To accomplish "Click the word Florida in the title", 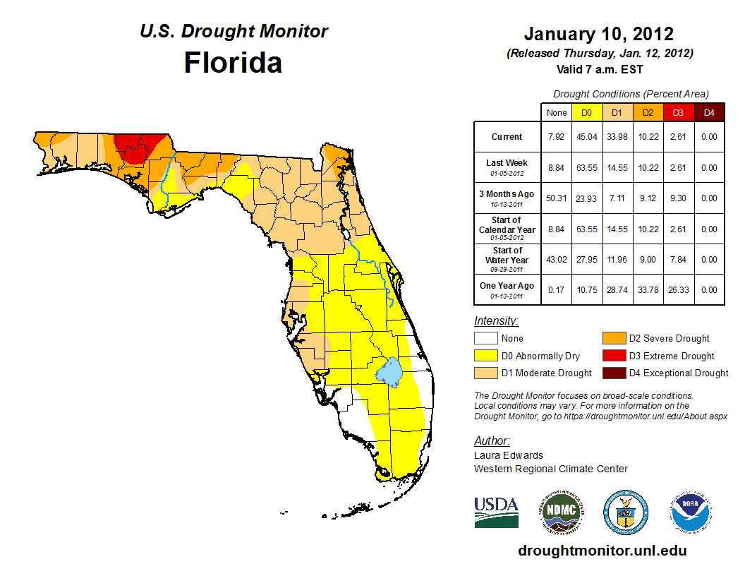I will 233,63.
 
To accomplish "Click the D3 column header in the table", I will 678,112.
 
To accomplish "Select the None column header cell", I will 557,112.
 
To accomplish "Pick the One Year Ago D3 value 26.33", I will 678,289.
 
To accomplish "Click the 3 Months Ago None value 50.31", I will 557,198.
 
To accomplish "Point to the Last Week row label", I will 507,163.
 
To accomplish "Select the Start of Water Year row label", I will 507,256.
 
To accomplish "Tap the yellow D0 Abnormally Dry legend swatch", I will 486,356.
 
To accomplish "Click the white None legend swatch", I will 486,339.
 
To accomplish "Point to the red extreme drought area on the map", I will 140,147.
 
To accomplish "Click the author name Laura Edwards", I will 508,455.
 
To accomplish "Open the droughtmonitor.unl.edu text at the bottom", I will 602,551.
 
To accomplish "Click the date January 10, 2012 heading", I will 599,34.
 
